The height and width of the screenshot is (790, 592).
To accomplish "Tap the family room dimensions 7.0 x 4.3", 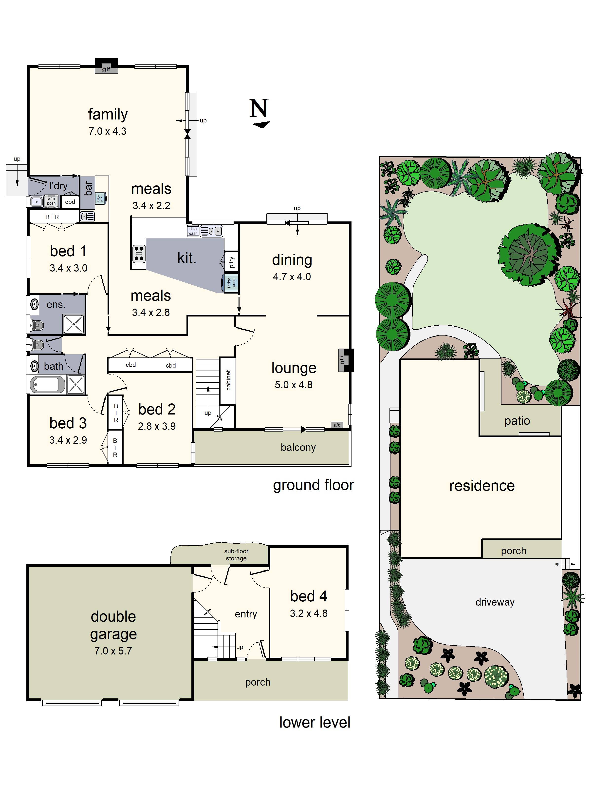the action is click(107, 131).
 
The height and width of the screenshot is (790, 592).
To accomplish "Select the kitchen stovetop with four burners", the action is click(139, 254).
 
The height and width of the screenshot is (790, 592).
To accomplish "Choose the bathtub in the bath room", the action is click(48, 385).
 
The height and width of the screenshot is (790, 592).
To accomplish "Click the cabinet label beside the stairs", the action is click(228, 380).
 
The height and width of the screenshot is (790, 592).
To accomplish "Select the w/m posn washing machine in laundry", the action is click(51, 201).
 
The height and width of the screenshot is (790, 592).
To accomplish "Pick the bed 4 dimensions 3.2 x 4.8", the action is click(309, 613).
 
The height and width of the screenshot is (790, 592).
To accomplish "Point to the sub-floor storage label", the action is click(236, 555).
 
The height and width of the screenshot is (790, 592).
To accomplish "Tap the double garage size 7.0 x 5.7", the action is click(113, 651).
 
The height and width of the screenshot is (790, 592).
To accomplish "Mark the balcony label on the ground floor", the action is click(298, 448).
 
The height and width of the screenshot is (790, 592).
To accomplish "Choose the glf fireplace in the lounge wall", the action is click(346, 360).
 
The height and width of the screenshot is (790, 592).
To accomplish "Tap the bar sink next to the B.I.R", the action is click(87, 216).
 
